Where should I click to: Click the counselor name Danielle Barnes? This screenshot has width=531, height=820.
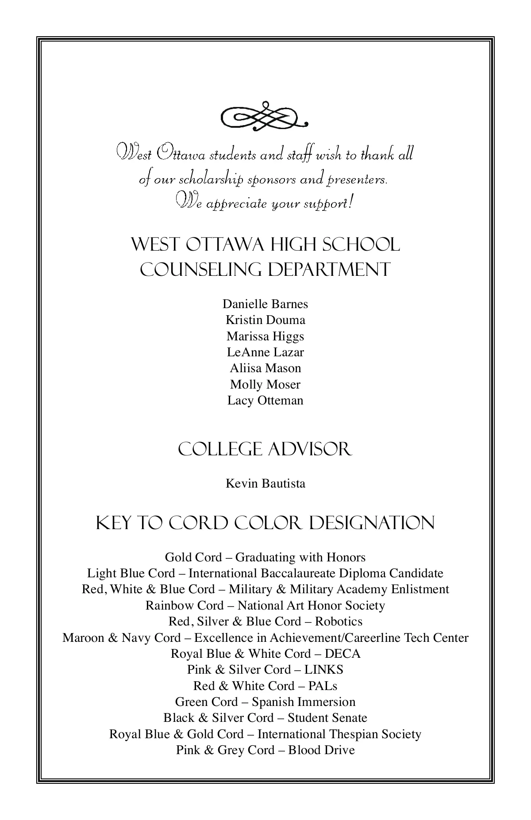[x=265, y=304]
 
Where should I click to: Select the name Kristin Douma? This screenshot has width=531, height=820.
[x=265, y=320]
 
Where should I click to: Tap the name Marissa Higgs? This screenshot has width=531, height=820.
[x=265, y=336]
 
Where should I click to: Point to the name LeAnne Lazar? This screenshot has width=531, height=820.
[x=265, y=352]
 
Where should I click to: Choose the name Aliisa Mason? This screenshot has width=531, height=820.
[x=265, y=368]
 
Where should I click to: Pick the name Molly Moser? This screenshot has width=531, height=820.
[x=265, y=385]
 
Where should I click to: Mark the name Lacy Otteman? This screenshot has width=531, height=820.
[x=265, y=400]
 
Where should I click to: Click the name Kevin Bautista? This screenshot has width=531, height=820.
[x=265, y=483]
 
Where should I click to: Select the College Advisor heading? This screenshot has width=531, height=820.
[x=265, y=450]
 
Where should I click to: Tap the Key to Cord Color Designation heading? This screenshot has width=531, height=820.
[x=265, y=523]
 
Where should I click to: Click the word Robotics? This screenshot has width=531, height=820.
[x=339, y=622]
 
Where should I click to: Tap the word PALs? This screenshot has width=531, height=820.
[x=322, y=686]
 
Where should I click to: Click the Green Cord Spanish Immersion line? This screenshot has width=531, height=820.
[x=265, y=702]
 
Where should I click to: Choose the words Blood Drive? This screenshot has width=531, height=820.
[x=321, y=750]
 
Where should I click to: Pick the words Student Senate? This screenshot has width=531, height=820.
[x=327, y=718]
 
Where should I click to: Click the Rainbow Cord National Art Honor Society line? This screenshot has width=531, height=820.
[x=265, y=606]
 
